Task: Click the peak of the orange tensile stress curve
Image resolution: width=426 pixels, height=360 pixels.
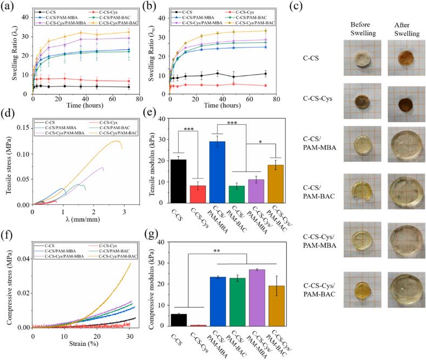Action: pos(116,141)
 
